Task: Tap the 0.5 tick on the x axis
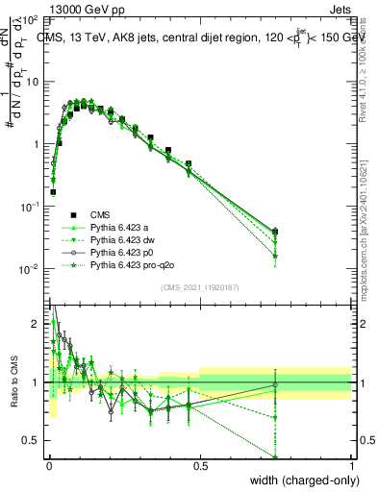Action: click(200, 466)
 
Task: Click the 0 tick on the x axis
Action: click(49, 466)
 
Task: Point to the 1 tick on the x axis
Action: click(351, 466)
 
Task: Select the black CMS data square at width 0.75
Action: click(276, 231)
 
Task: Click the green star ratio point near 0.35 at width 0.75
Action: click(276, 457)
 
